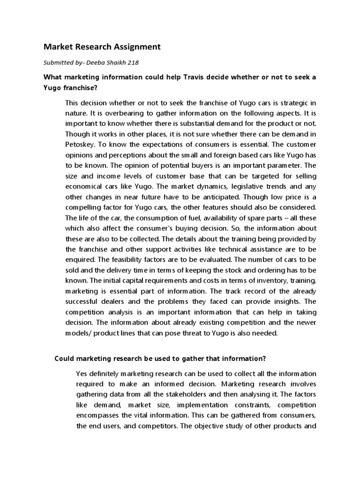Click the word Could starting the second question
click(x=65, y=359)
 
